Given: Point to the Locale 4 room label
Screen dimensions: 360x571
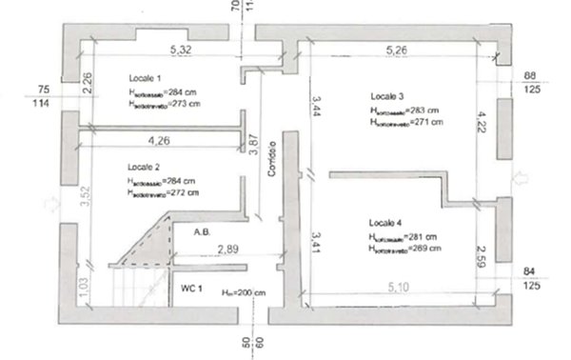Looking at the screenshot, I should coord(385,223).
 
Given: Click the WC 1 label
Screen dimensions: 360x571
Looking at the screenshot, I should coord(190,287).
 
